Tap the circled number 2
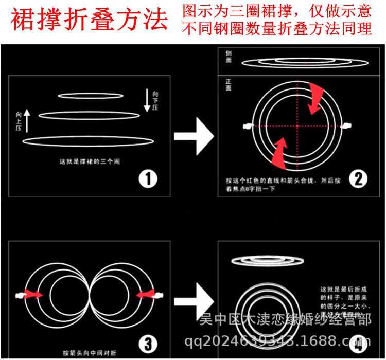tap(357, 179)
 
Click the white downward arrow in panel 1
tap(147, 100)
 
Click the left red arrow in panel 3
tap(36, 295)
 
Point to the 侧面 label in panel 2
tap(228, 56)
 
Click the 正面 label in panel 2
tap(228, 84)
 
